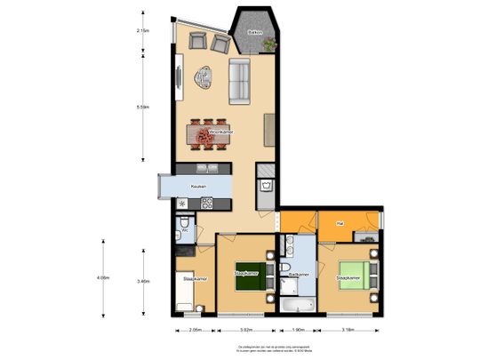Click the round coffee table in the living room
tap(204, 78)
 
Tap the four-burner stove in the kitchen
tap(207, 203)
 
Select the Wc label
tap(184, 229)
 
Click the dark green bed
tap(246, 273)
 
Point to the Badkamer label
tap(298, 275)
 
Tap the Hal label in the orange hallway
tap(339, 222)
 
